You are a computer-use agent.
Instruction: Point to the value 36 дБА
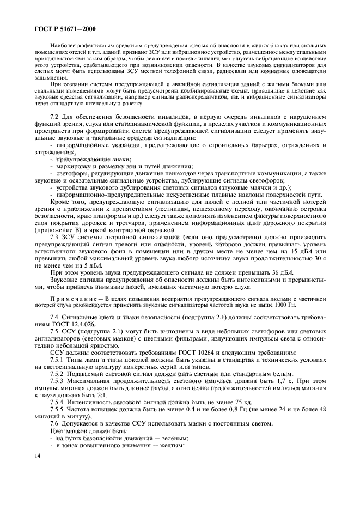pos(280,272)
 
